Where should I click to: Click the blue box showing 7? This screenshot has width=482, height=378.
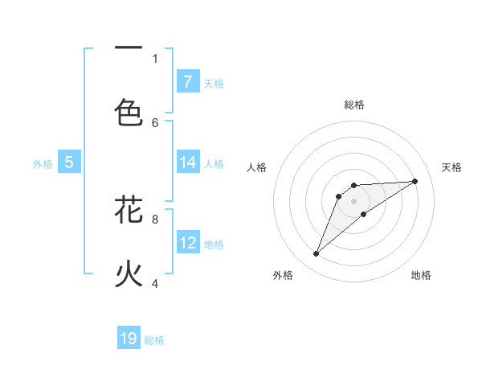[188, 81]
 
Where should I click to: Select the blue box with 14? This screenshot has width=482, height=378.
[188, 162]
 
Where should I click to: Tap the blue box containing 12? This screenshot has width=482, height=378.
[188, 243]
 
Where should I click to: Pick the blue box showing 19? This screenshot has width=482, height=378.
[129, 339]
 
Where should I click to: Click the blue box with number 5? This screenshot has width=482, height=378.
[69, 162]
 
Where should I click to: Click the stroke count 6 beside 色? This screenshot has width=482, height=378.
[155, 122]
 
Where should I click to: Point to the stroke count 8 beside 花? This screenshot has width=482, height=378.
[155, 218]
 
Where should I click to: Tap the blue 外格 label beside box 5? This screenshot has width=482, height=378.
[43, 164]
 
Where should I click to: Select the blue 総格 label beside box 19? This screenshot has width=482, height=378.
[154, 340]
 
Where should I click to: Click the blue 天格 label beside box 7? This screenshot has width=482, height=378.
[214, 83]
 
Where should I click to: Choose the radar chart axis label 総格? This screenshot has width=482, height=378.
[353, 105]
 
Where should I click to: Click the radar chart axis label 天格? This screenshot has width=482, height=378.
[451, 167]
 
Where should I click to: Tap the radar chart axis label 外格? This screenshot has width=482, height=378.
[282, 276]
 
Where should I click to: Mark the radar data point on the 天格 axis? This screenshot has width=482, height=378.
[415, 181]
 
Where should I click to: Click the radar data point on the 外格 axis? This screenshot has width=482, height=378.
[316, 254]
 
